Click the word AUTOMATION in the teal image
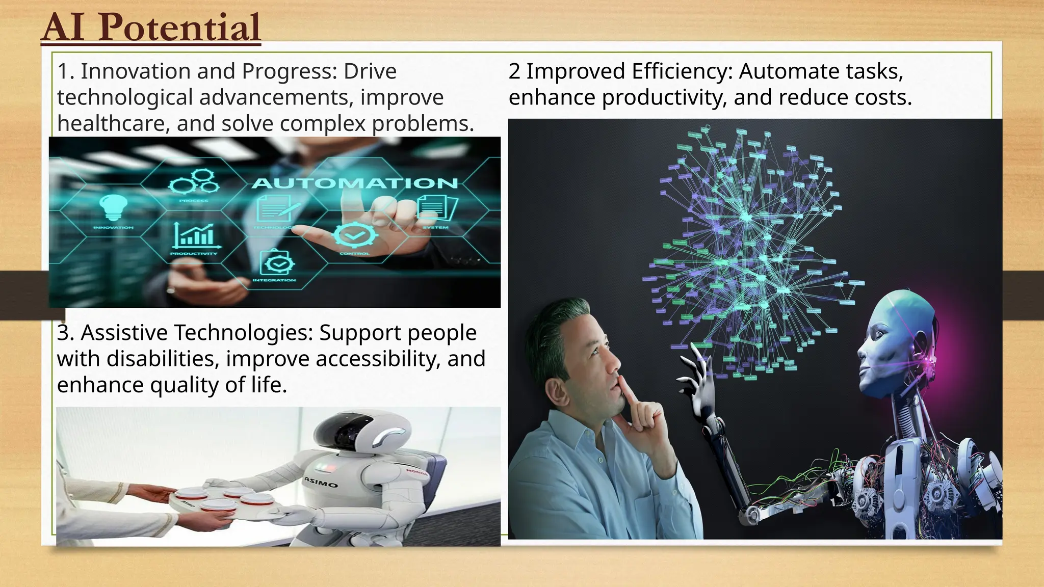[x=355, y=183]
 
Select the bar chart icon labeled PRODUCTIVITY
[x=194, y=235]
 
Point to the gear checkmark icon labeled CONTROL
[x=355, y=235]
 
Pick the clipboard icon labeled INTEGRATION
[x=276, y=263]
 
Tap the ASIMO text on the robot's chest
[x=321, y=482]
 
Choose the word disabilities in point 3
[x=163, y=359]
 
